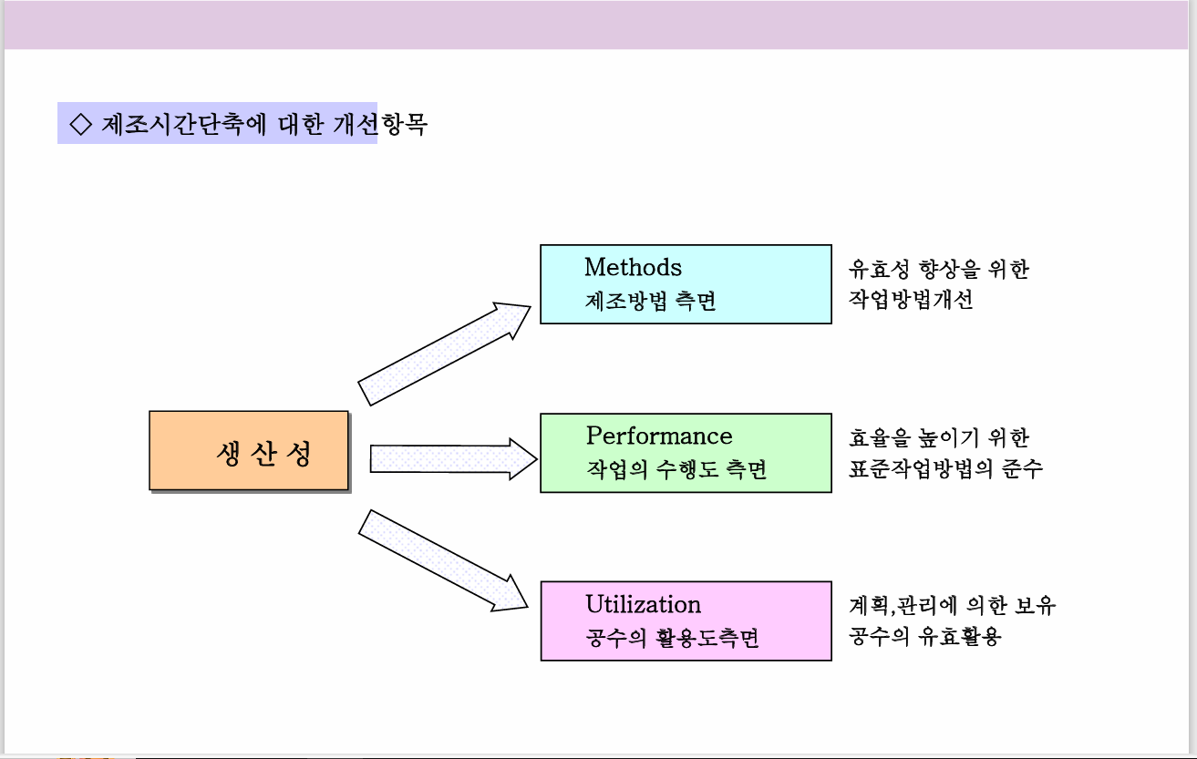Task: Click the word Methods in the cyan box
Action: coord(633,267)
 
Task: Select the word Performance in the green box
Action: coord(658,436)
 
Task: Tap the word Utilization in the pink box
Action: coord(643,604)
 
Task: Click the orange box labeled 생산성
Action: coord(249,451)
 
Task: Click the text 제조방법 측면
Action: coord(650,301)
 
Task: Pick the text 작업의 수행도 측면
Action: coord(676,469)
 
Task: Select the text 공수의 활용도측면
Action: coord(672,638)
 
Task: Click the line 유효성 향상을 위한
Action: coord(938,269)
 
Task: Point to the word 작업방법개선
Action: coord(910,301)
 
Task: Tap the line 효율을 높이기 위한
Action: coord(938,437)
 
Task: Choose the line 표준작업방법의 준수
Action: coord(945,469)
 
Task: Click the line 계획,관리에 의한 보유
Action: coord(952,605)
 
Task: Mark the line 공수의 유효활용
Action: coord(924,637)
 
